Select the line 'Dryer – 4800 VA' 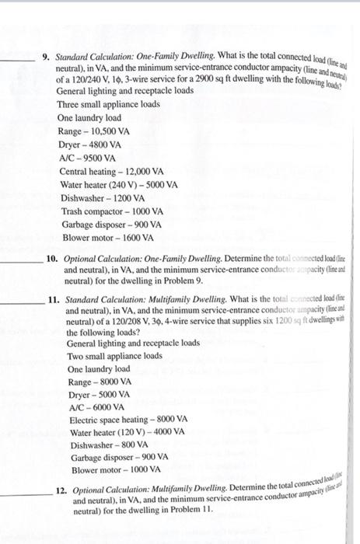click(x=90, y=145)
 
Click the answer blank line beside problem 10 click(x=19, y=259)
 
